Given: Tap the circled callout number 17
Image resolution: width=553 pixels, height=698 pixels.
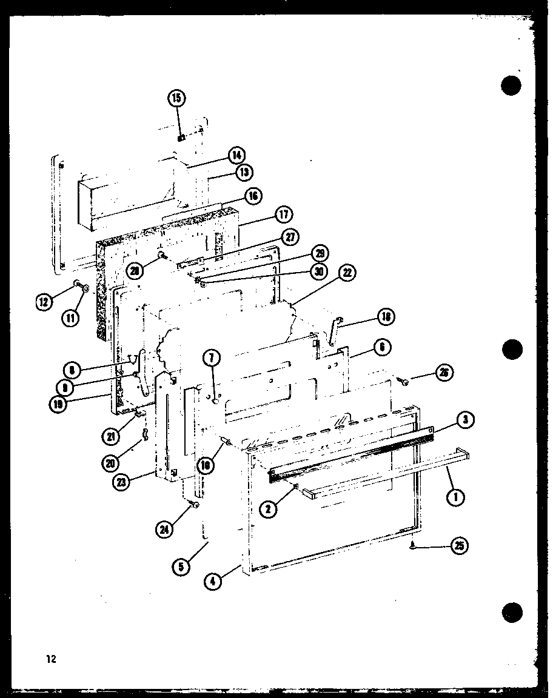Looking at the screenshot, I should click(x=283, y=214).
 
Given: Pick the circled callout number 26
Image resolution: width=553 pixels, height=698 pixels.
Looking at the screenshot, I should click(x=444, y=373).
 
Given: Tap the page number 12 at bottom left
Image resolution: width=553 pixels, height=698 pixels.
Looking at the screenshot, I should click(x=50, y=659).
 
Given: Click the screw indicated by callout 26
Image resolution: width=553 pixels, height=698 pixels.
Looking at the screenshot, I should click(x=404, y=381).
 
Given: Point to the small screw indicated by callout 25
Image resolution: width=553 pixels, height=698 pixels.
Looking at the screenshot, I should click(x=412, y=546).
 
